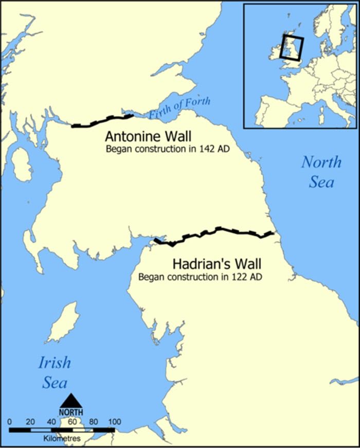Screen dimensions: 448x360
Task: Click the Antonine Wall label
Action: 148,137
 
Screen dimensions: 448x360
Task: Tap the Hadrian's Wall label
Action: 217,264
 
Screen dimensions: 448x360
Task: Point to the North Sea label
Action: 321,172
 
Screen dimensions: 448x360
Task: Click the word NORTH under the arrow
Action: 71,412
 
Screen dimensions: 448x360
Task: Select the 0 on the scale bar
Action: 10,422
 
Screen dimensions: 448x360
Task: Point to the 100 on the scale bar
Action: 115,422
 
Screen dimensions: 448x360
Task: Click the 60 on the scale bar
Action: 73,422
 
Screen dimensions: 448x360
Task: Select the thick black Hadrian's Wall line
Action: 216,232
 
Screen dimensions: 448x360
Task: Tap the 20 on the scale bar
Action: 31,422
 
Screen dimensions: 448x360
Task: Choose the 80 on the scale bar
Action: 94,422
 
